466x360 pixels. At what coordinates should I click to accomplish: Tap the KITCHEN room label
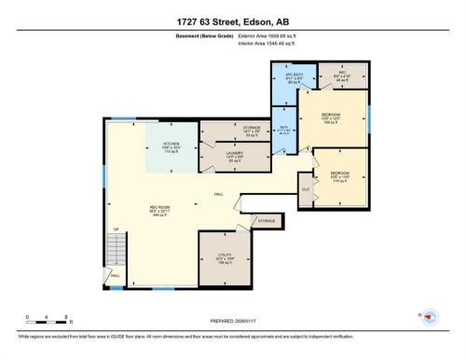click(x=158, y=145)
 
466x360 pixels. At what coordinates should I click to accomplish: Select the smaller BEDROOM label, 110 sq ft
click(x=340, y=175)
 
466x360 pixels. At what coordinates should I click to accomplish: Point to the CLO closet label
click(x=306, y=189)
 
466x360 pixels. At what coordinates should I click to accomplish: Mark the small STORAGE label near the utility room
click(x=267, y=220)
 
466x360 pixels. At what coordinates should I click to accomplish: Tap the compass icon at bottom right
click(x=430, y=317)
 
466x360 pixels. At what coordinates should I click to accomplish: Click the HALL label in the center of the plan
click(x=218, y=194)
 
